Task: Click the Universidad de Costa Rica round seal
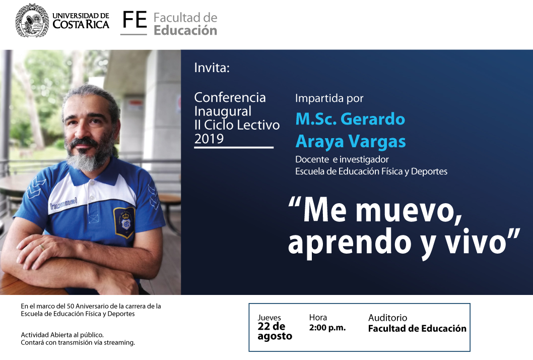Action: [x=32, y=20]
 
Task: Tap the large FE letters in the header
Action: [x=135, y=20]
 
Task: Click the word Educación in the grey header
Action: [x=185, y=30]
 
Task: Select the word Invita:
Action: [x=212, y=68]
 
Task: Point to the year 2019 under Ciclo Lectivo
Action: [x=209, y=139]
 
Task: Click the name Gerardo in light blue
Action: [x=373, y=119]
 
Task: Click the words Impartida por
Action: [x=329, y=98]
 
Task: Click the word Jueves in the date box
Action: [x=269, y=318]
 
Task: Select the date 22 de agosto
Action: [x=275, y=331]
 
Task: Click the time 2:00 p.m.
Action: [x=327, y=328]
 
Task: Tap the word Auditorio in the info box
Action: [x=387, y=318]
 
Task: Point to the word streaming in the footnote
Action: [x=119, y=343]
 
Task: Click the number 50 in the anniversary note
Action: [x=71, y=306]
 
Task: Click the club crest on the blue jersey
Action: [x=125, y=222]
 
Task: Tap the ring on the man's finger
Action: [x=42, y=247]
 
